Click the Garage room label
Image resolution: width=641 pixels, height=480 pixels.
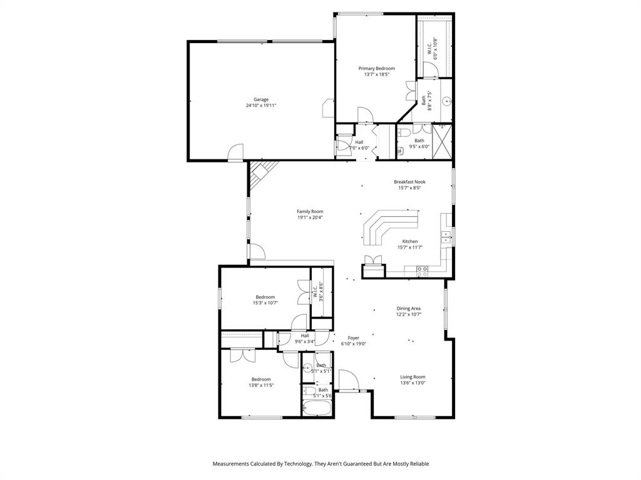click(x=261, y=99)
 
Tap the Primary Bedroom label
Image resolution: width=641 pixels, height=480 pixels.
click(x=376, y=68)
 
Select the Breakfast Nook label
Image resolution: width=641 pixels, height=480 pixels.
click(x=409, y=182)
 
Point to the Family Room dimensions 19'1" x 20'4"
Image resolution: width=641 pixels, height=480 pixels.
click(x=310, y=217)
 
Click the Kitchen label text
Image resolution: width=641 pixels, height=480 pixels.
click(x=409, y=241)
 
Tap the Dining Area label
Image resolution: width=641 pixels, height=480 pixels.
click(x=408, y=308)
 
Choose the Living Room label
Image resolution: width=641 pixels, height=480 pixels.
click(x=413, y=377)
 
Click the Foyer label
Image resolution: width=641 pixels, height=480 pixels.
click(x=354, y=337)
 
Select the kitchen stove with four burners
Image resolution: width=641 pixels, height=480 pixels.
click(x=423, y=271)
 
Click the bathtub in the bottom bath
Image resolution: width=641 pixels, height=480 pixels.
click(x=317, y=409)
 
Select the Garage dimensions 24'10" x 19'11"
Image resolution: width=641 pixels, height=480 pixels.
click(x=261, y=106)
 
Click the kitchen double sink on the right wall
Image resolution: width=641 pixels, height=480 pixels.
click(x=447, y=236)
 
